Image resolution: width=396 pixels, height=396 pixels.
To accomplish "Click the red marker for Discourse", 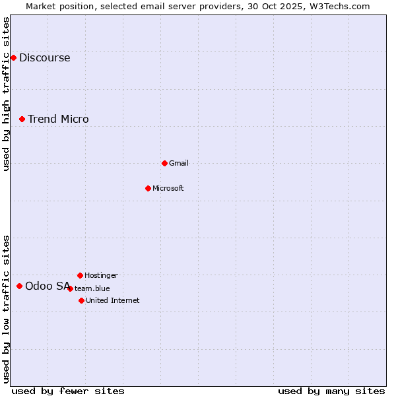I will point(13,58).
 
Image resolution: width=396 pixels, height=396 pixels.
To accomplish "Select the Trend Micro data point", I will point(22,119).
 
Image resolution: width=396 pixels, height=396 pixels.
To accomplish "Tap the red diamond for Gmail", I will point(164,163).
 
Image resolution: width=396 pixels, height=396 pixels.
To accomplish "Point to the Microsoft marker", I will point(148,188).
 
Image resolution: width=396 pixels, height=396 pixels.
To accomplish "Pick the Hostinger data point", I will point(80,275).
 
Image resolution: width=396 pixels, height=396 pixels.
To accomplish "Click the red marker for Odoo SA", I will point(19,286).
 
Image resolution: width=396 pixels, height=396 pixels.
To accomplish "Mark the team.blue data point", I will point(70,288).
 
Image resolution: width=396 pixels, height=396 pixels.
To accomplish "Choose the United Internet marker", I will point(81,300).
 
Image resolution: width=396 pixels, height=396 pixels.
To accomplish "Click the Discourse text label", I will point(44,58).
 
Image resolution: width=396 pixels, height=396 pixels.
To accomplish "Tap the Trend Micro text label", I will point(58,119).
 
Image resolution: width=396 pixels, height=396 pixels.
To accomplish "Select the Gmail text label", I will point(179,163).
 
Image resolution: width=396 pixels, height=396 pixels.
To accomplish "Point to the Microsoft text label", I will point(168,188).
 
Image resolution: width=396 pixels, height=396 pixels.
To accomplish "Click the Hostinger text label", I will point(101,275).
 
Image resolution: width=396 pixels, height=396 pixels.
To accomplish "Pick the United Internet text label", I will point(113,300).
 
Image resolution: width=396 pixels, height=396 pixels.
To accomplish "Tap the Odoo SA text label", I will point(47,286).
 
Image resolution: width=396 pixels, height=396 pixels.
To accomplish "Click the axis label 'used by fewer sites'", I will point(67,391).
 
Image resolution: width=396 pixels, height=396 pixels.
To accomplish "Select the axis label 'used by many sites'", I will point(331,391).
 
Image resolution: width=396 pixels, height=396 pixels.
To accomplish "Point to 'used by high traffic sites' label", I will point(7,94).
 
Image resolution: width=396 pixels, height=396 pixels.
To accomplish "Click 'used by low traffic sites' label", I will point(7,309).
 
